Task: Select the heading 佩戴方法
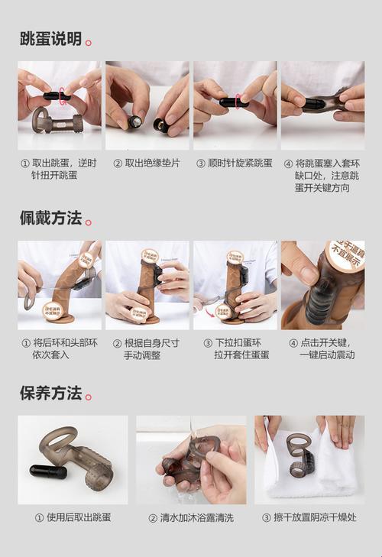pos(50,218)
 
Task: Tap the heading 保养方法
pos(50,393)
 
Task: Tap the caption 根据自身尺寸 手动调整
pos(151,349)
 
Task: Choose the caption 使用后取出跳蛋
pos(73,517)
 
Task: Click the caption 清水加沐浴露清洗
pos(191,517)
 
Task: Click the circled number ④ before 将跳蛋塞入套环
pos(288,164)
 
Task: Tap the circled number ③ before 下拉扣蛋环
pos(208,343)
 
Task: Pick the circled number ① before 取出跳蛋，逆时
pos(25,164)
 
